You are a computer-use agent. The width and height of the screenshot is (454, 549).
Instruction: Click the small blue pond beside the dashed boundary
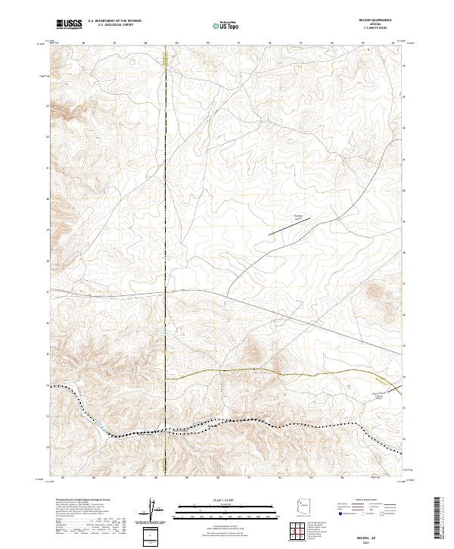(x=160, y=330)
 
